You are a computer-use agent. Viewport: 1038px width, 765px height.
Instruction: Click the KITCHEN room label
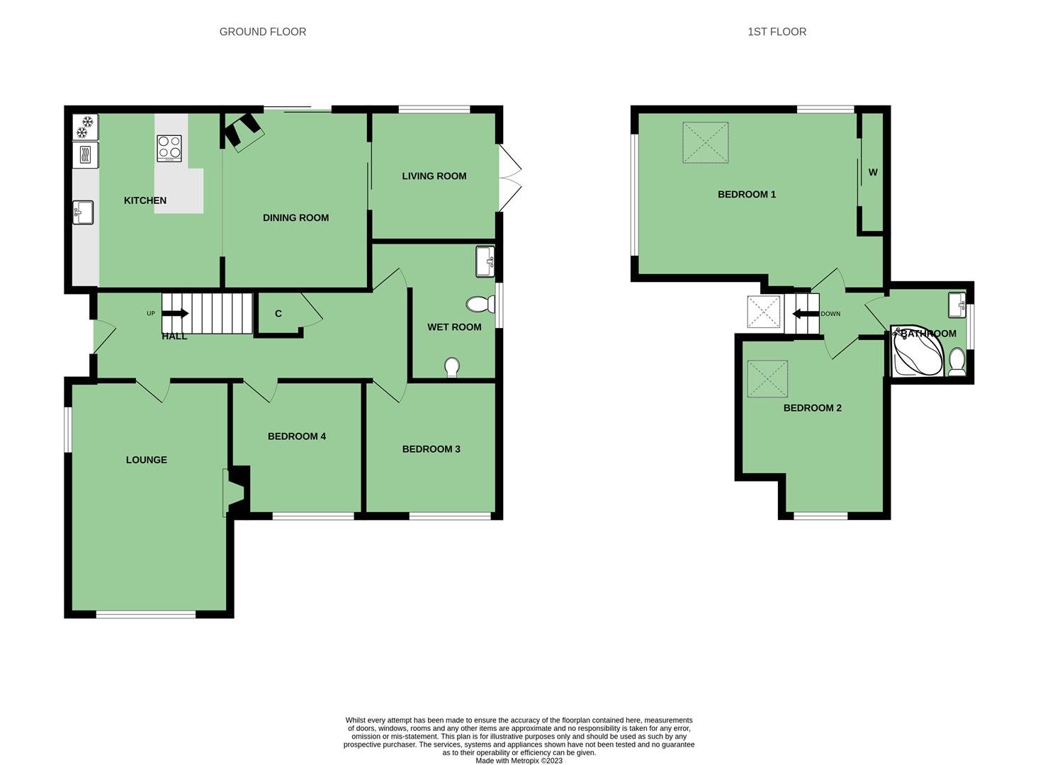pos(145,200)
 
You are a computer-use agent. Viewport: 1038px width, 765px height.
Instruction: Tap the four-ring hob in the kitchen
pos(169,148)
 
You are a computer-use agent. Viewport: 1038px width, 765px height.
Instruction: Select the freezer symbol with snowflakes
pos(86,127)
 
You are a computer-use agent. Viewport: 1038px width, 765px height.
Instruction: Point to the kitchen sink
pos(83,212)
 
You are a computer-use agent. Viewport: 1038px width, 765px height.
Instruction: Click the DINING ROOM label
pos(295,217)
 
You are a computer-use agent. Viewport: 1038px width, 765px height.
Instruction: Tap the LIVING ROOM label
pos(434,176)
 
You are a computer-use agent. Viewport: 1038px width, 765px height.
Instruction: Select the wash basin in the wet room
pos(485,262)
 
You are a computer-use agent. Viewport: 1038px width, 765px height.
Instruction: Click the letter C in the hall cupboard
pos(278,314)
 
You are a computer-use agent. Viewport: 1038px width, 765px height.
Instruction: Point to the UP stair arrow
pos(175,314)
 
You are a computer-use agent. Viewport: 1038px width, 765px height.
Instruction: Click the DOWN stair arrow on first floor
pos(806,314)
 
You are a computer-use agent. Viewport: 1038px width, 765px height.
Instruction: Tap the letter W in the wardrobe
pos(873,172)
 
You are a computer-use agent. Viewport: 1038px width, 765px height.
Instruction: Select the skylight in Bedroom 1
pos(705,142)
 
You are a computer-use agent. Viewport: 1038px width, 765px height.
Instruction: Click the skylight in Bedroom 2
pos(767,379)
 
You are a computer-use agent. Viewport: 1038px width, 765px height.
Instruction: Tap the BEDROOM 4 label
pos(297,436)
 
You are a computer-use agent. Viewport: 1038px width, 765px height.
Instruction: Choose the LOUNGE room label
pos(147,460)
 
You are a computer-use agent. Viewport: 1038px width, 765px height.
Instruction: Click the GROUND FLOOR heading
pos(263,32)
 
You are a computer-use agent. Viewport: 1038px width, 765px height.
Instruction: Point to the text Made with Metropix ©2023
pos(519,760)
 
